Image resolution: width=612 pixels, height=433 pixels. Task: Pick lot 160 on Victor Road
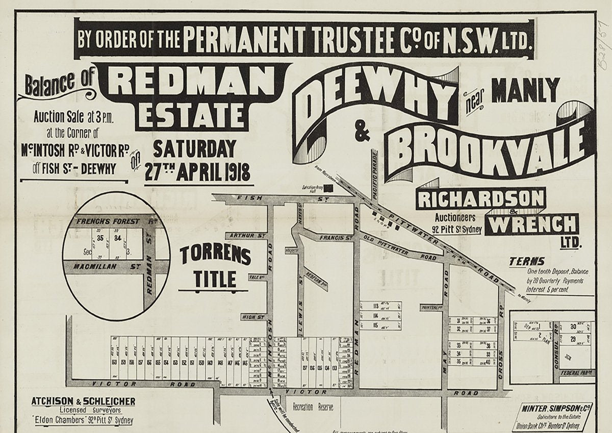tap(115, 362)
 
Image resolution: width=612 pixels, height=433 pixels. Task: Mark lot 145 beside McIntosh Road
tap(244, 362)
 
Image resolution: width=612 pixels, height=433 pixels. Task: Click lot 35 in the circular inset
tap(100, 238)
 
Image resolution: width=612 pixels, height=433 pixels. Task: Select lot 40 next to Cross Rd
tap(488, 362)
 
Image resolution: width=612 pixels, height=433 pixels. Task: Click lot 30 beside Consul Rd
tap(573, 326)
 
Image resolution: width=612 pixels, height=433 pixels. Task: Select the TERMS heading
tap(527, 262)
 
